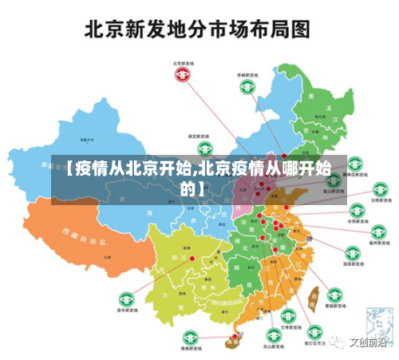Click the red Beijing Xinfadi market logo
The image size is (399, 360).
183,74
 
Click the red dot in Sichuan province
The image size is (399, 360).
192,259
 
